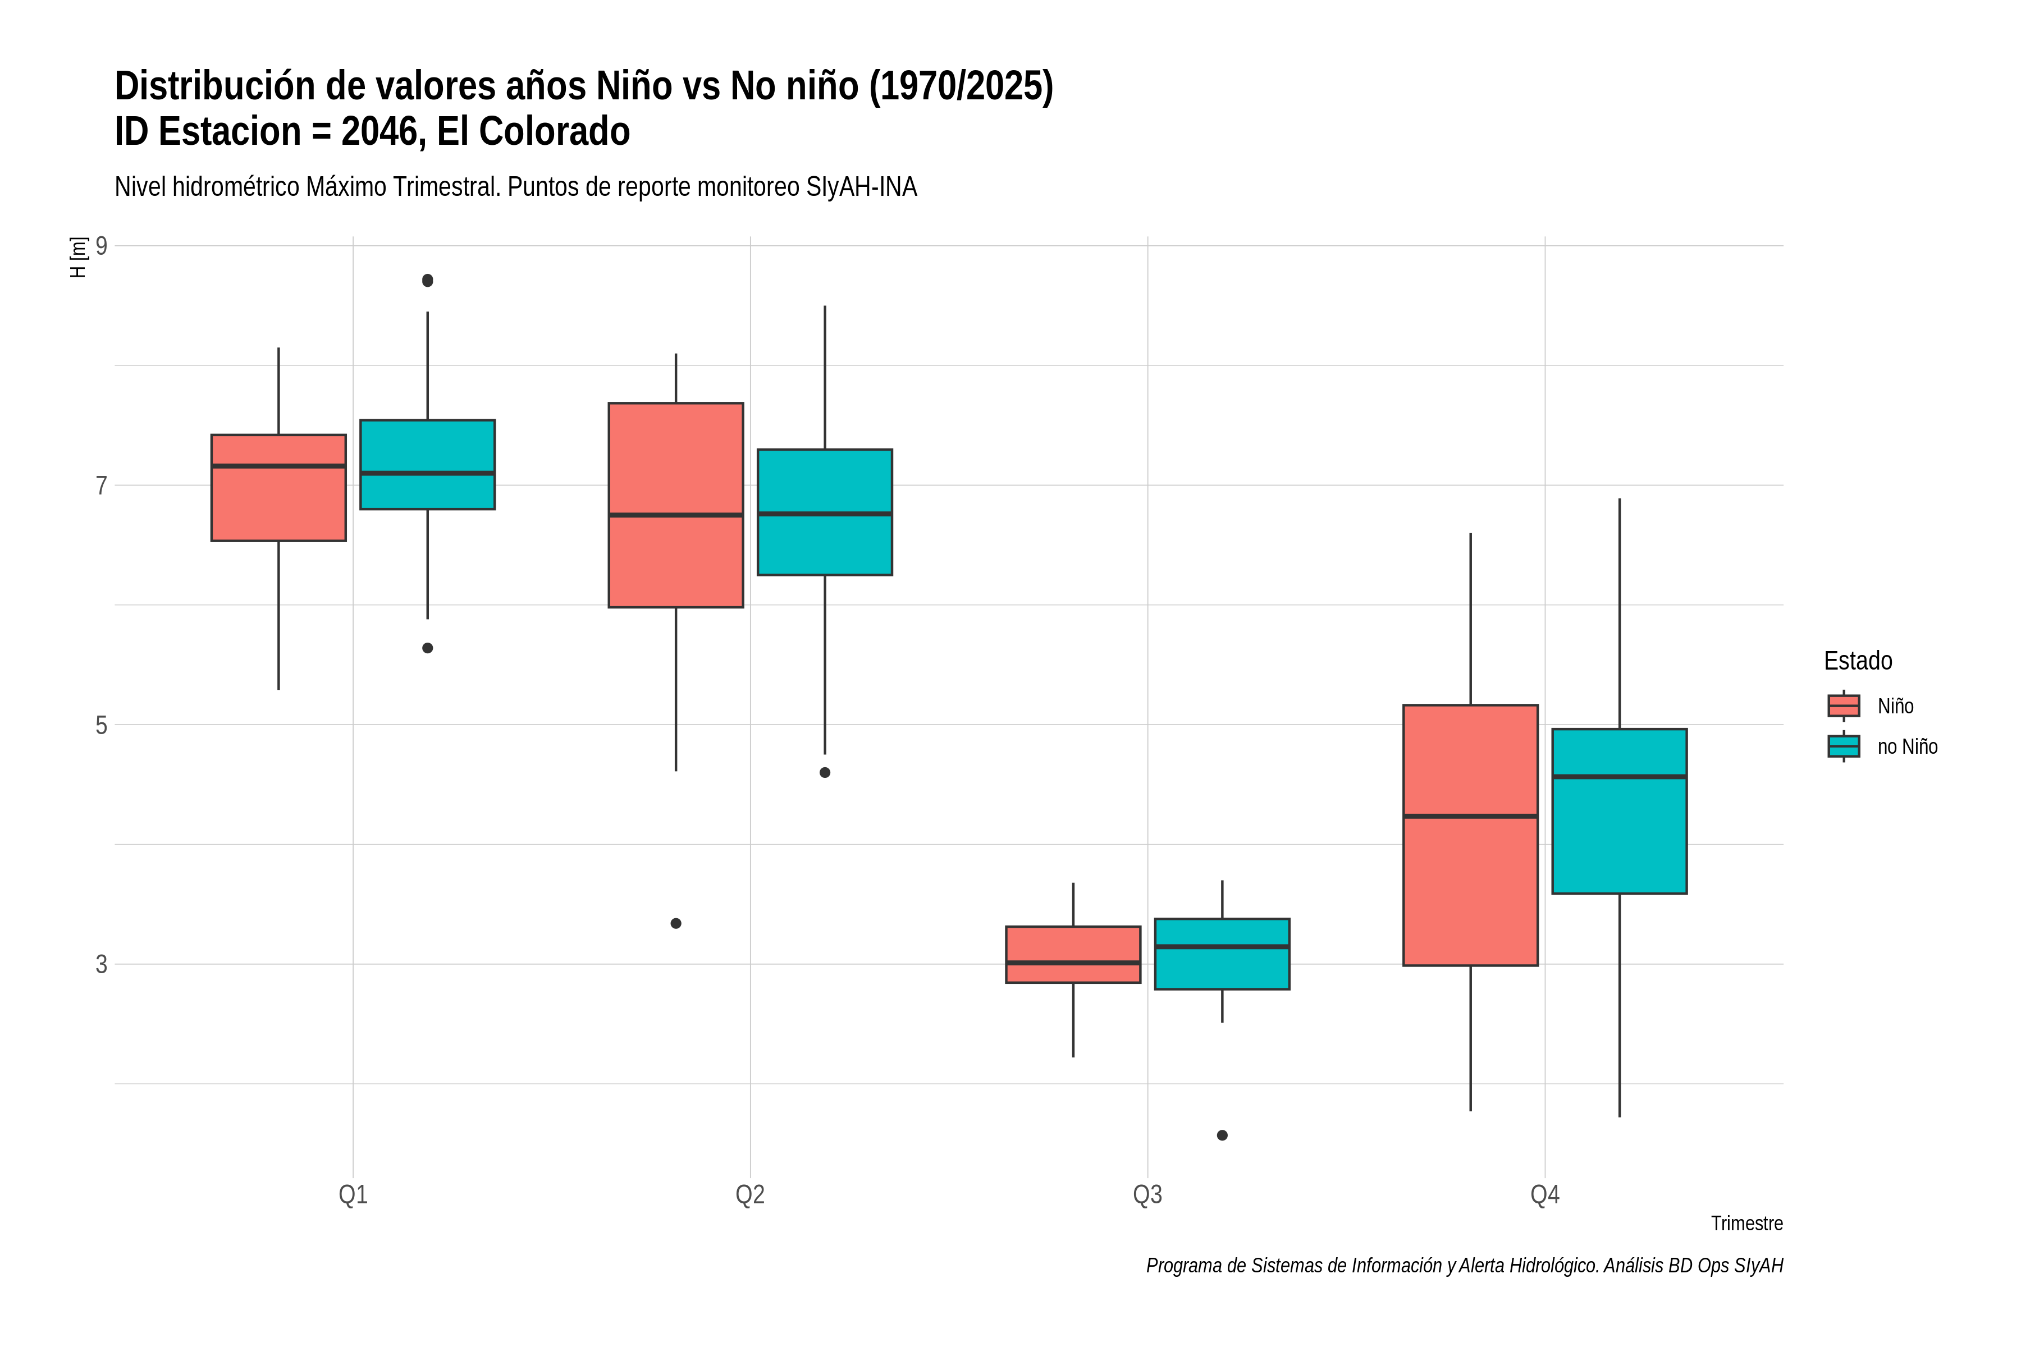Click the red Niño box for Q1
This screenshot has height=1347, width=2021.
[278, 488]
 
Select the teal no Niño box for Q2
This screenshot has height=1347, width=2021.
[825, 512]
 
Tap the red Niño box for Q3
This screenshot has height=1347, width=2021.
[1073, 955]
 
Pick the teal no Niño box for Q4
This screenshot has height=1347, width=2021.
[1620, 812]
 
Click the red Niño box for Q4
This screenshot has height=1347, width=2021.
[1470, 835]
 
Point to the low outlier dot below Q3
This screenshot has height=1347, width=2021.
[1222, 1135]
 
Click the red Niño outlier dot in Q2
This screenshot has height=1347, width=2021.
[676, 923]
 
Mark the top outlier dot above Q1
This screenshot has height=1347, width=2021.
[428, 280]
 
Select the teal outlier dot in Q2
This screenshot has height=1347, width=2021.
[825, 772]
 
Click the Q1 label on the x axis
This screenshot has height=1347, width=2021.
[353, 1194]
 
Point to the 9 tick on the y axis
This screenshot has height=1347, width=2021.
[102, 246]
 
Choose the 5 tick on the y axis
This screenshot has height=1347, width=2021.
[102, 725]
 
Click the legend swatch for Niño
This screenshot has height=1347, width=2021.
[1844, 706]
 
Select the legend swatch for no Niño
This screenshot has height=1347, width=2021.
[1844, 746]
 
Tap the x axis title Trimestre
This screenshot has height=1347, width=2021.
[1747, 1224]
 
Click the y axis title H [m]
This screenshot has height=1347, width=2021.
[78, 258]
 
